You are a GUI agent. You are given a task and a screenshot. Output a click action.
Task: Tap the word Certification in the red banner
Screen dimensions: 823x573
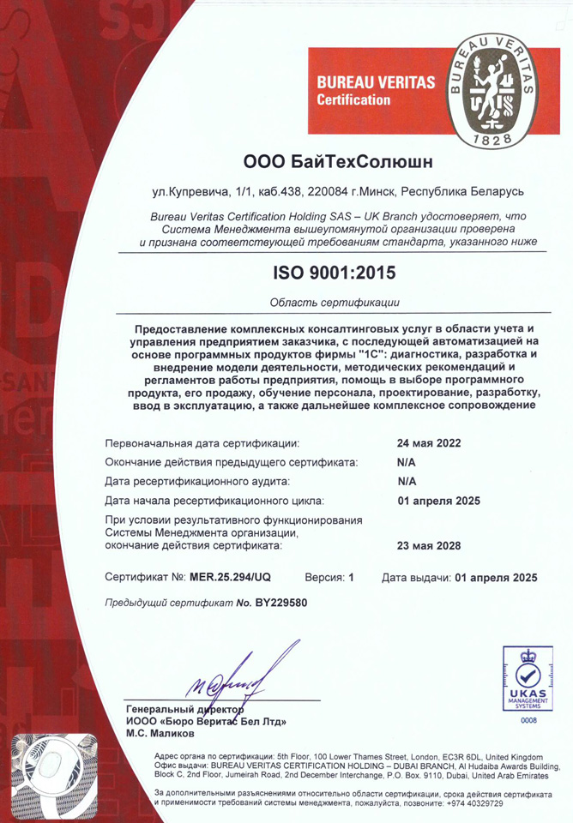point(353,100)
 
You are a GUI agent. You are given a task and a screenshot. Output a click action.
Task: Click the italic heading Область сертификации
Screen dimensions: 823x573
point(335,303)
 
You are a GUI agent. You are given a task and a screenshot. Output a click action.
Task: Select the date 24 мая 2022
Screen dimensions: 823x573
point(429,443)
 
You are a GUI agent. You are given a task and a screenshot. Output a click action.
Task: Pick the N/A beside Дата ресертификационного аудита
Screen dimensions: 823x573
point(407,482)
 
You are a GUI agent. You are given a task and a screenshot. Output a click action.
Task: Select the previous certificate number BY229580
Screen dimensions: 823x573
point(280,603)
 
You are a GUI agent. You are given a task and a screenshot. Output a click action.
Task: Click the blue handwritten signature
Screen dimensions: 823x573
point(236,677)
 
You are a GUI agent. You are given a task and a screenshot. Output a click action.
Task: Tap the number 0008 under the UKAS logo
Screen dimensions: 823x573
point(528,721)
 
